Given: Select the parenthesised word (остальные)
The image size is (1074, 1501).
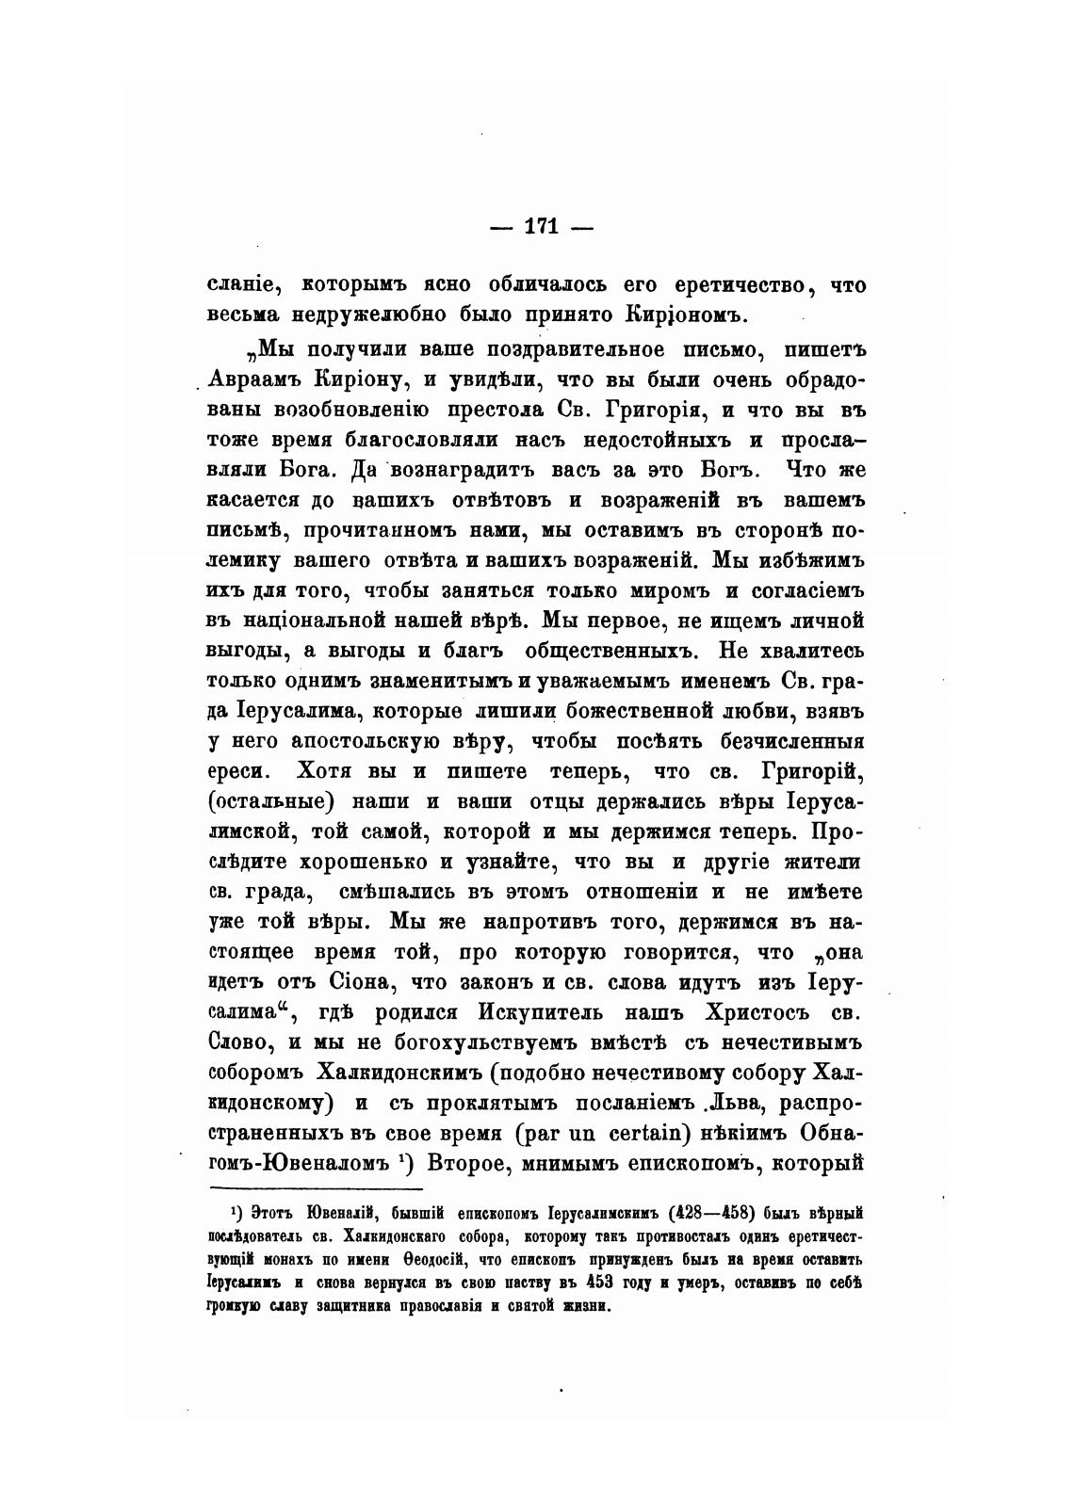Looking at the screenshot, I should coord(271,801).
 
